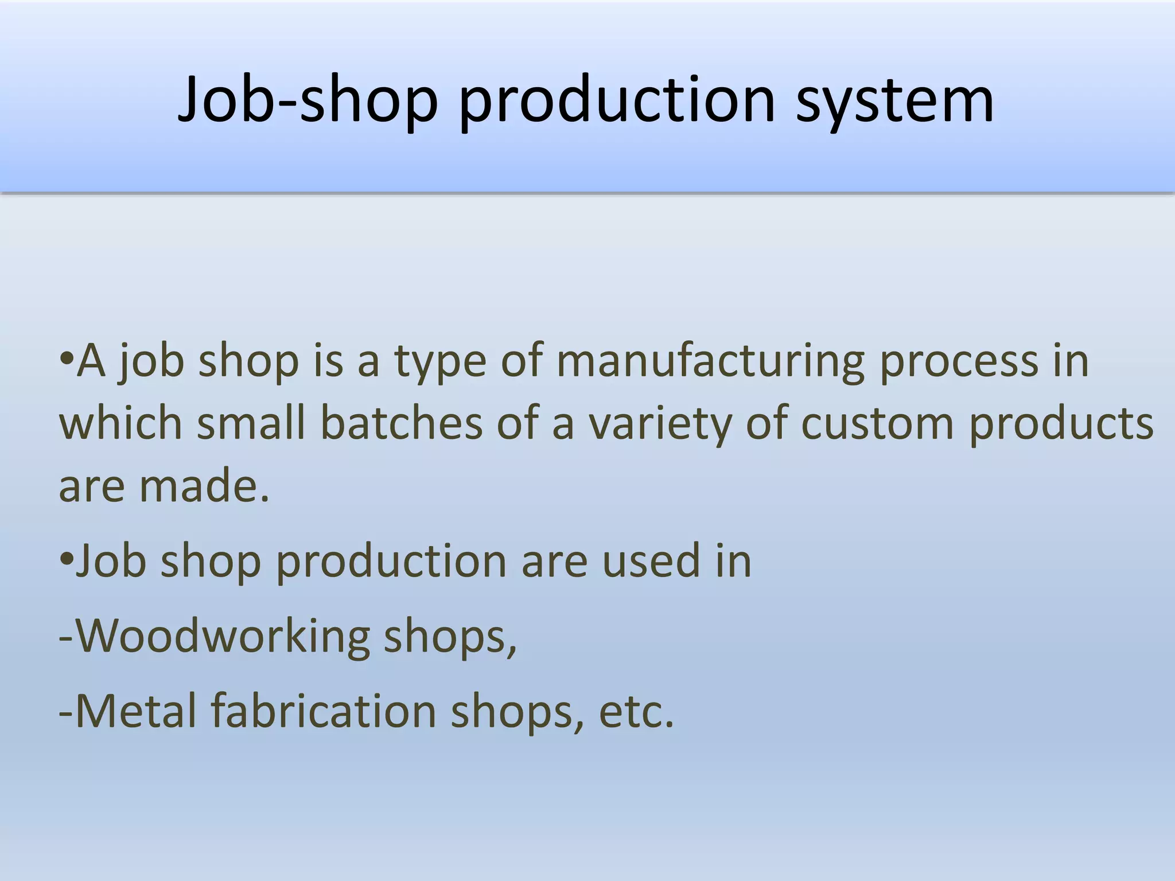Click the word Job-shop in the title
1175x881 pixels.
pyautogui.click(x=308, y=101)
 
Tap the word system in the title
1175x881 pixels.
pyautogui.click(x=895, y=101)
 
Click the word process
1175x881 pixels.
pyautogui.click(x=959, y=362)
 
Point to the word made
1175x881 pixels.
pyautogui.click(x=204, y=486)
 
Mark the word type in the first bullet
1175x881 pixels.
pyautogui.click(x=440, y=362)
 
